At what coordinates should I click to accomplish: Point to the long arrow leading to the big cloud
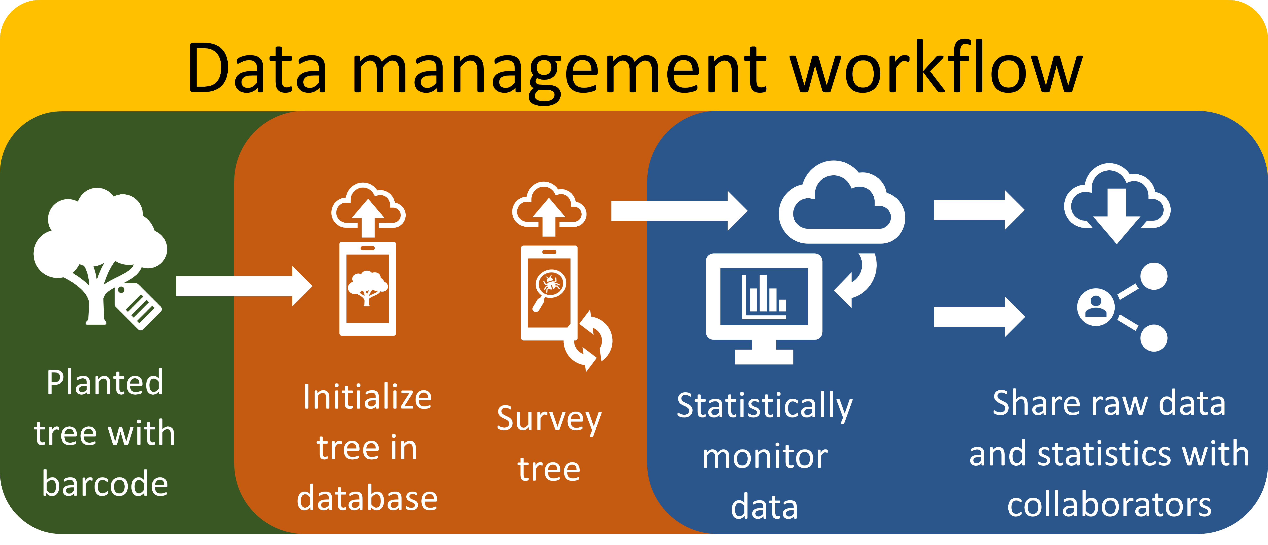click(679, 211)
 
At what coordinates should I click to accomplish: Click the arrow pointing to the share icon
click(979, 317)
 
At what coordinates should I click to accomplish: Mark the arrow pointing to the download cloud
click(979, 210)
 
